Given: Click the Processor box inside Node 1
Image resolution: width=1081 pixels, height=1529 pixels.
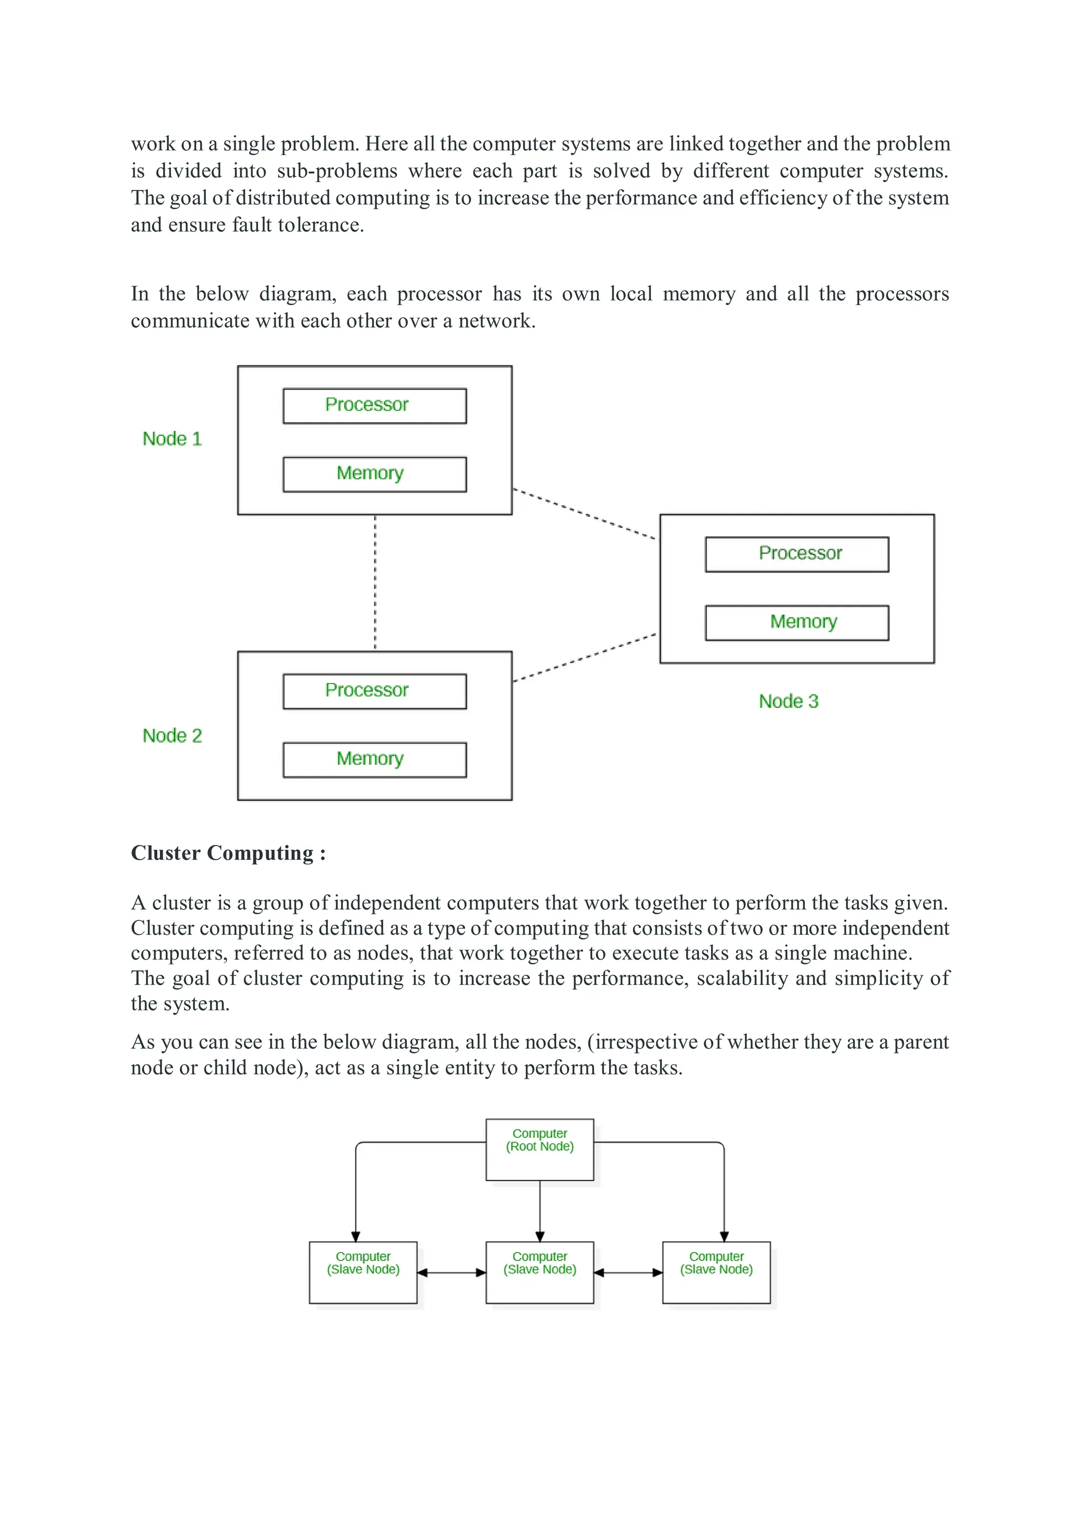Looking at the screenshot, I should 374,405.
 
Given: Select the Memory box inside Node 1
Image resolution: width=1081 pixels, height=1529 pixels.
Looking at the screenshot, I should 374,474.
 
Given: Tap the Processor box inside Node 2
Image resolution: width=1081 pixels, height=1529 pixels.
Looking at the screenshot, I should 374,691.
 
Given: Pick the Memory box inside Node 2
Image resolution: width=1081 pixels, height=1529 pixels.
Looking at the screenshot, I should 374,760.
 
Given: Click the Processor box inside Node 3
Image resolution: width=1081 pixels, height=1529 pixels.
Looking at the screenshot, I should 796,554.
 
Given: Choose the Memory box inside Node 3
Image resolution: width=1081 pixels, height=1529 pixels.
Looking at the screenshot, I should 796,623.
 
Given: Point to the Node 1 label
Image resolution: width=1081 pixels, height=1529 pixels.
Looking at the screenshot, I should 172,439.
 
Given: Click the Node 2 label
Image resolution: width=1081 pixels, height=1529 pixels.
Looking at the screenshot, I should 172,736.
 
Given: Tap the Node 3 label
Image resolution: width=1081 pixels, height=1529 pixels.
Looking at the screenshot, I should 788,701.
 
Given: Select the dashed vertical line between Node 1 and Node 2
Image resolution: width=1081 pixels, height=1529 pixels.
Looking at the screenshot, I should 375,583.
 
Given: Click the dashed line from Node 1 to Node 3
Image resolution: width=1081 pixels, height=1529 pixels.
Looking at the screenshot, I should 585,514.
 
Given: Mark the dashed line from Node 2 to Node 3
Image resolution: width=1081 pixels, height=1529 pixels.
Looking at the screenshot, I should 585,657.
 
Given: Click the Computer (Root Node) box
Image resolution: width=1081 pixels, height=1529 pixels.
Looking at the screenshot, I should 539,1150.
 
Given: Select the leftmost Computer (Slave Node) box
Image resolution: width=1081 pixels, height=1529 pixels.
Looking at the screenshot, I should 363,1272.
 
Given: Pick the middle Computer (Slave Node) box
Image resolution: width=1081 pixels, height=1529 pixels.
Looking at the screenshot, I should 539,1272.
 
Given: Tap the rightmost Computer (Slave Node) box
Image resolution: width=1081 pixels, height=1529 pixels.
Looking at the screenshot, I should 716,1272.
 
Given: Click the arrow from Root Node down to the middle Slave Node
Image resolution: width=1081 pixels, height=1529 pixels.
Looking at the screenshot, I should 539,1211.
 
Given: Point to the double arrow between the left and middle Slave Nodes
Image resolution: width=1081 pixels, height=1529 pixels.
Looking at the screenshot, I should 452,1272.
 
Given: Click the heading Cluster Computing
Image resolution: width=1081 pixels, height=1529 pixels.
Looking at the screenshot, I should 228,853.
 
